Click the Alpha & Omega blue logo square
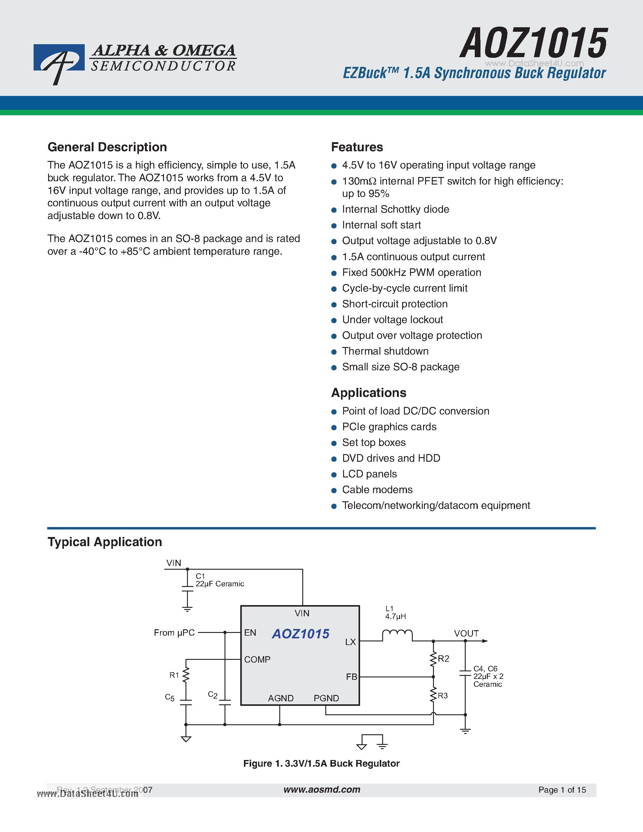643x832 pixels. (59, 58)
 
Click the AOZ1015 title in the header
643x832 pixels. (533, 44)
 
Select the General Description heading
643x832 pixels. (107, 147)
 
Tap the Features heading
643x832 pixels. (357, 147)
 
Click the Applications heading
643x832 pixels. (368, 393)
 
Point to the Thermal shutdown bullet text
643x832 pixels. (385, 351)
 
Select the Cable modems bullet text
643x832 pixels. (377, 490)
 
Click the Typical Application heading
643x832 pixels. (105, 542)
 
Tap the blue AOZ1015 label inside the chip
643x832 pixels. (300, 634)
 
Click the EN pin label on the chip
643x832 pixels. (250, 633)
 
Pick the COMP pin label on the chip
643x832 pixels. (257, 660)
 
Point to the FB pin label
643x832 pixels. (351, 677)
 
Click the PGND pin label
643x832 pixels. (326, 698)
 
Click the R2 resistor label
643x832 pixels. (443, 659)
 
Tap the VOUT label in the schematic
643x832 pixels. (466, 634)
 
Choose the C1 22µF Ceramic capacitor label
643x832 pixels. (219, 580)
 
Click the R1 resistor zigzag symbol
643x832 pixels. (186, 675)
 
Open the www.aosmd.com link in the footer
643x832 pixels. (322, 790)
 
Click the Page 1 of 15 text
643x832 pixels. (562, 790)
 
